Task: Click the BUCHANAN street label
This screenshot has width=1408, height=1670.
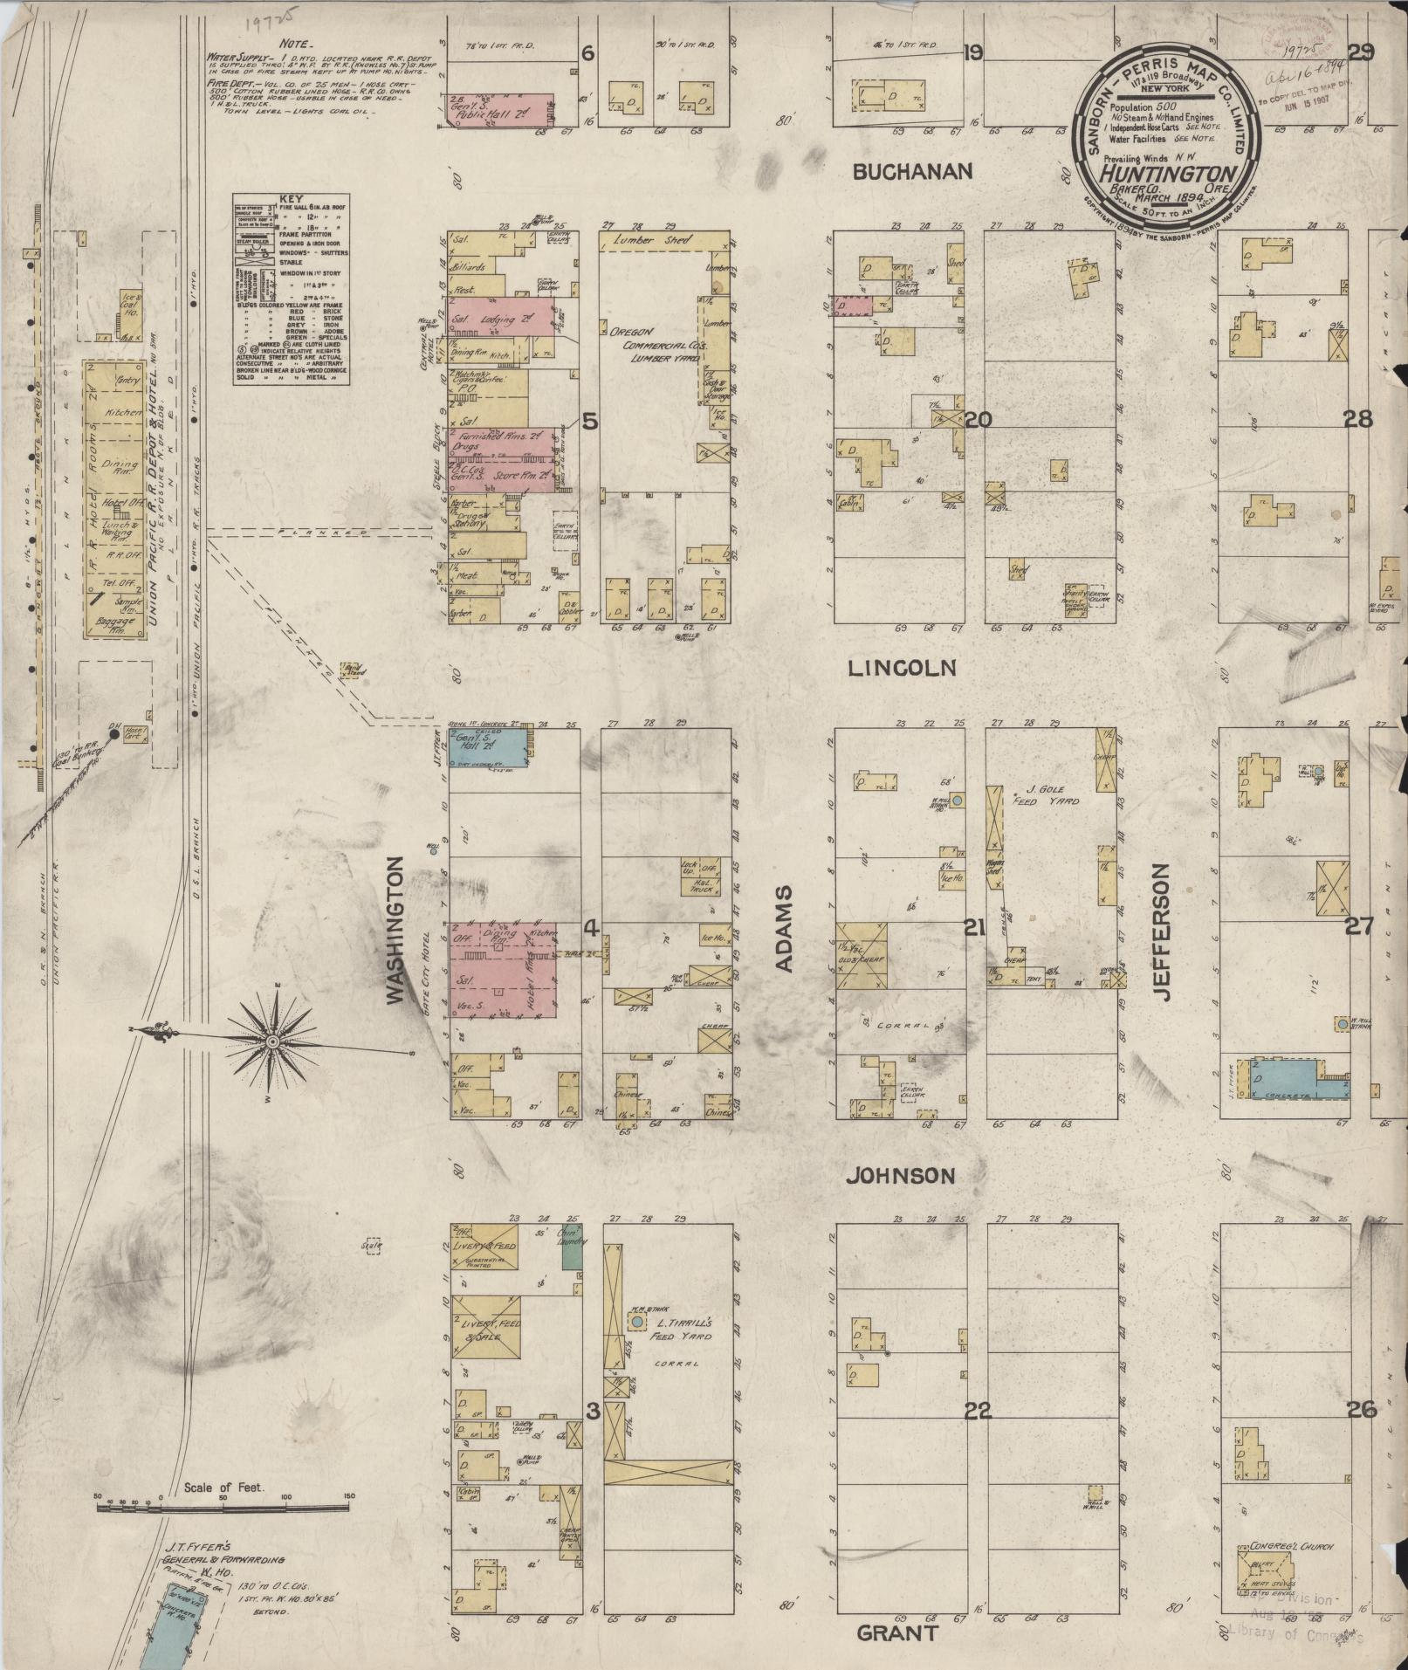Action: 912,172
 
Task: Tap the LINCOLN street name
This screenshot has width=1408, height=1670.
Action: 903,669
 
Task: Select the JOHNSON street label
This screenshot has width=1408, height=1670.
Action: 900,1176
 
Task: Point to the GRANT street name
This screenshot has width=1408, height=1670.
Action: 896,1633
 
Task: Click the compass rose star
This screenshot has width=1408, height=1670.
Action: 273,1041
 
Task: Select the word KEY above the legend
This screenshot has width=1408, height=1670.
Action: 291,199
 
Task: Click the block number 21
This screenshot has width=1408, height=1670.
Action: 974,928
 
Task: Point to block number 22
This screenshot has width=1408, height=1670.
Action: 979,1410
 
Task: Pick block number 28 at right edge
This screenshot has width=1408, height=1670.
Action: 1358,420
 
